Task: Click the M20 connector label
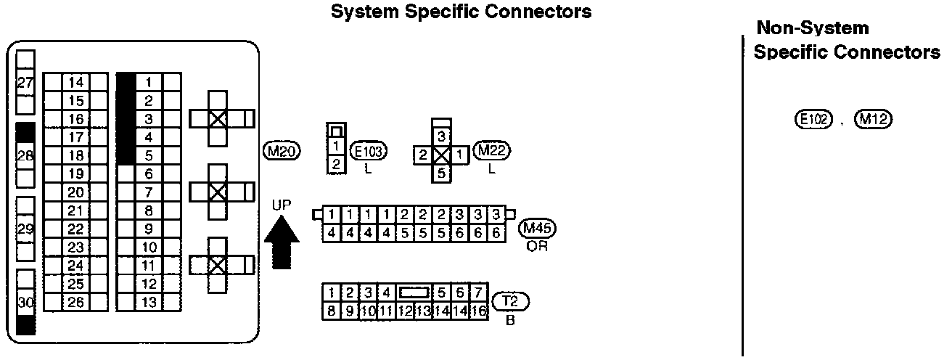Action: point(282,150)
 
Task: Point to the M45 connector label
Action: point(538,229)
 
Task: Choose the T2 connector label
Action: point(511,300)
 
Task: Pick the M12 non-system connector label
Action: point(873,119)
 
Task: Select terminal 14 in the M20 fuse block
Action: point(75,82)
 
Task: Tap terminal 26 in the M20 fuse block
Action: point(75,301)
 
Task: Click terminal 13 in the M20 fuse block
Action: point(149,301)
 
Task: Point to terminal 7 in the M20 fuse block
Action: point(149,192)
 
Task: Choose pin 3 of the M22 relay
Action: point(442,136)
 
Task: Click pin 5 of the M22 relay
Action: point(442,173)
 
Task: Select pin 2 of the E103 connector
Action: point(335,163)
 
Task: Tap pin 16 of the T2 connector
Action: point(479,311)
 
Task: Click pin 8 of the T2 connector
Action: point(331,311)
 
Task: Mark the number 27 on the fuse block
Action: point(25,83)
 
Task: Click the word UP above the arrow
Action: point(282,205)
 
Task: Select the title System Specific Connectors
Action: point(461,12)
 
